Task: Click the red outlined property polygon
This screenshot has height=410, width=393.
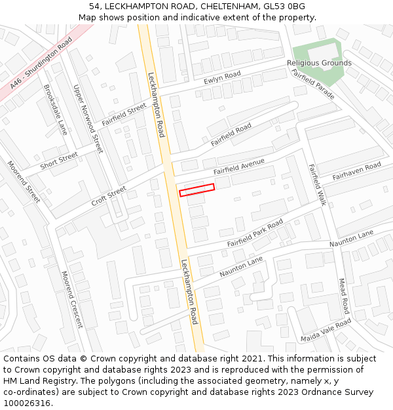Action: pos(197,190)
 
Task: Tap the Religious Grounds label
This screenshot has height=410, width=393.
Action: pos(319,64)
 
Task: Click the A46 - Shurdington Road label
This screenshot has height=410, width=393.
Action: pos(41,64)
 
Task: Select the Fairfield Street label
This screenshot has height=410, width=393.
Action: pos(124,115)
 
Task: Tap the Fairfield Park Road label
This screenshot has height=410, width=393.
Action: pos(255,234)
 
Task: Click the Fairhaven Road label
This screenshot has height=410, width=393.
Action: pos(356,172)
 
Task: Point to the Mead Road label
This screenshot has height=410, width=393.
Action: pos(344,296)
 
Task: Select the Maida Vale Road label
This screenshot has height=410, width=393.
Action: pos(326,330)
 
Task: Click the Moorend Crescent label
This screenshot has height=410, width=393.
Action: pos(72,299)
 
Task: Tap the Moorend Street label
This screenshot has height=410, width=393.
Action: pos(24,181)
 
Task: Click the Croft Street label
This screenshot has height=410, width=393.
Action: pos(109,196)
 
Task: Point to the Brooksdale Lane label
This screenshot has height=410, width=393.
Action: pos(56,110)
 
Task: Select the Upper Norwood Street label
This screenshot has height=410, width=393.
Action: pos(88,119)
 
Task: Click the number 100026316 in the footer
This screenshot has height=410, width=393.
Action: pos(26,403)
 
